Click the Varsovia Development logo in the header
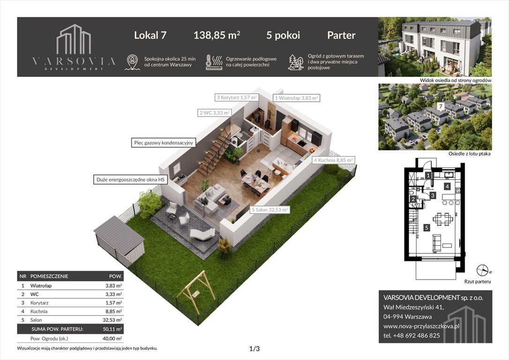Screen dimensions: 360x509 74,47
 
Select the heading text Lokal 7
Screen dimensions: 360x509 150,35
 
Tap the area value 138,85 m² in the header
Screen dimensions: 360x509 217,35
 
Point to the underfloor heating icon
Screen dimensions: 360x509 214,62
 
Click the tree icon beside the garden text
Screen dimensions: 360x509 295,62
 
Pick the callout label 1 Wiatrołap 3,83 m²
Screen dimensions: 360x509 296,98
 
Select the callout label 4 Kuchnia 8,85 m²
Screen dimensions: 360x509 333,160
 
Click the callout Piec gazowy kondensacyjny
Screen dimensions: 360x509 163,142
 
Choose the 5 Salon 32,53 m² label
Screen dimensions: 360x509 269,210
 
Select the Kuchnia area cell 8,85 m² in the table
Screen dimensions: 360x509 113,311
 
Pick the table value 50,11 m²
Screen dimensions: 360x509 113,329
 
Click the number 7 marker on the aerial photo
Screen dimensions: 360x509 441,106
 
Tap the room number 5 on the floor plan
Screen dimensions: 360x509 426,228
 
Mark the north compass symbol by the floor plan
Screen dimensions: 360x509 482,270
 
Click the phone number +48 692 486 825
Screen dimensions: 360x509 412,335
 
